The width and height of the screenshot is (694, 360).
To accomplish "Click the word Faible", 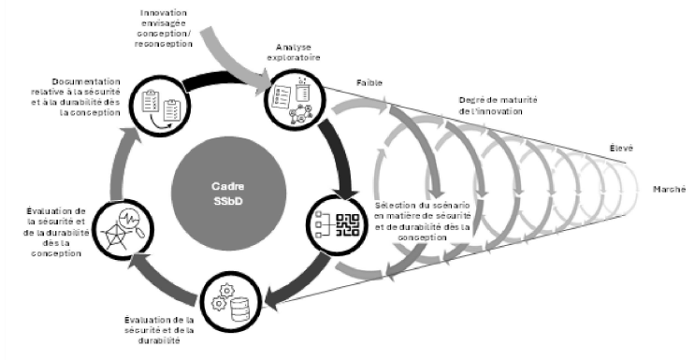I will point(369,82).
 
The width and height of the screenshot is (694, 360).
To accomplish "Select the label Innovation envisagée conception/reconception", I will point(166,27).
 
